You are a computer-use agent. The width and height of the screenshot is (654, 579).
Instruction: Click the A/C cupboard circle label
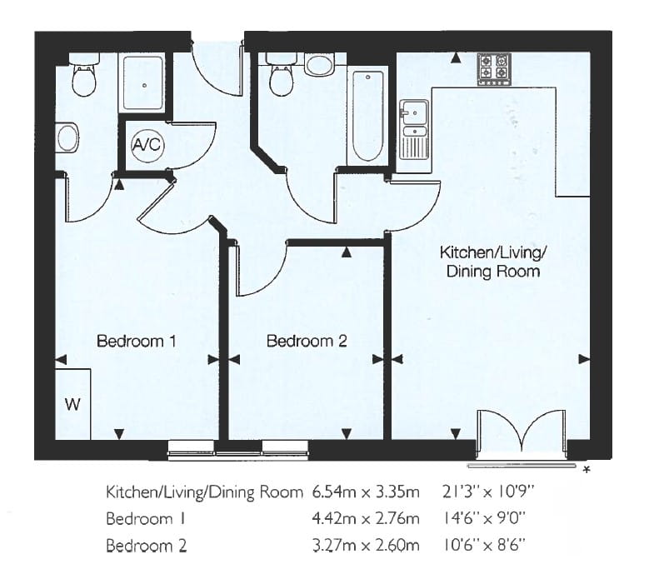148,145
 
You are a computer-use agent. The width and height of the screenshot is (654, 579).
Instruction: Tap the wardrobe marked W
73,404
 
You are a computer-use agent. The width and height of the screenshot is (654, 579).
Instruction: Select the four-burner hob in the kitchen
492,68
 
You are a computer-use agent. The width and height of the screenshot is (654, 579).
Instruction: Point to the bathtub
367,117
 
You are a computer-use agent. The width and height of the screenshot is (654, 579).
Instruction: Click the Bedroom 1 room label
137,341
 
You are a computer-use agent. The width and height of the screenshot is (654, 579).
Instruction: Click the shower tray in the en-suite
143,83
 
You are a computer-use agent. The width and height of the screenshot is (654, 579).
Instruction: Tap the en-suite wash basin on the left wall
67,137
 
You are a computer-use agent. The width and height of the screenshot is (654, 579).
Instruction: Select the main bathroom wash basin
319,64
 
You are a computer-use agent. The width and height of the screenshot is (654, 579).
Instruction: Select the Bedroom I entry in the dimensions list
142,519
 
